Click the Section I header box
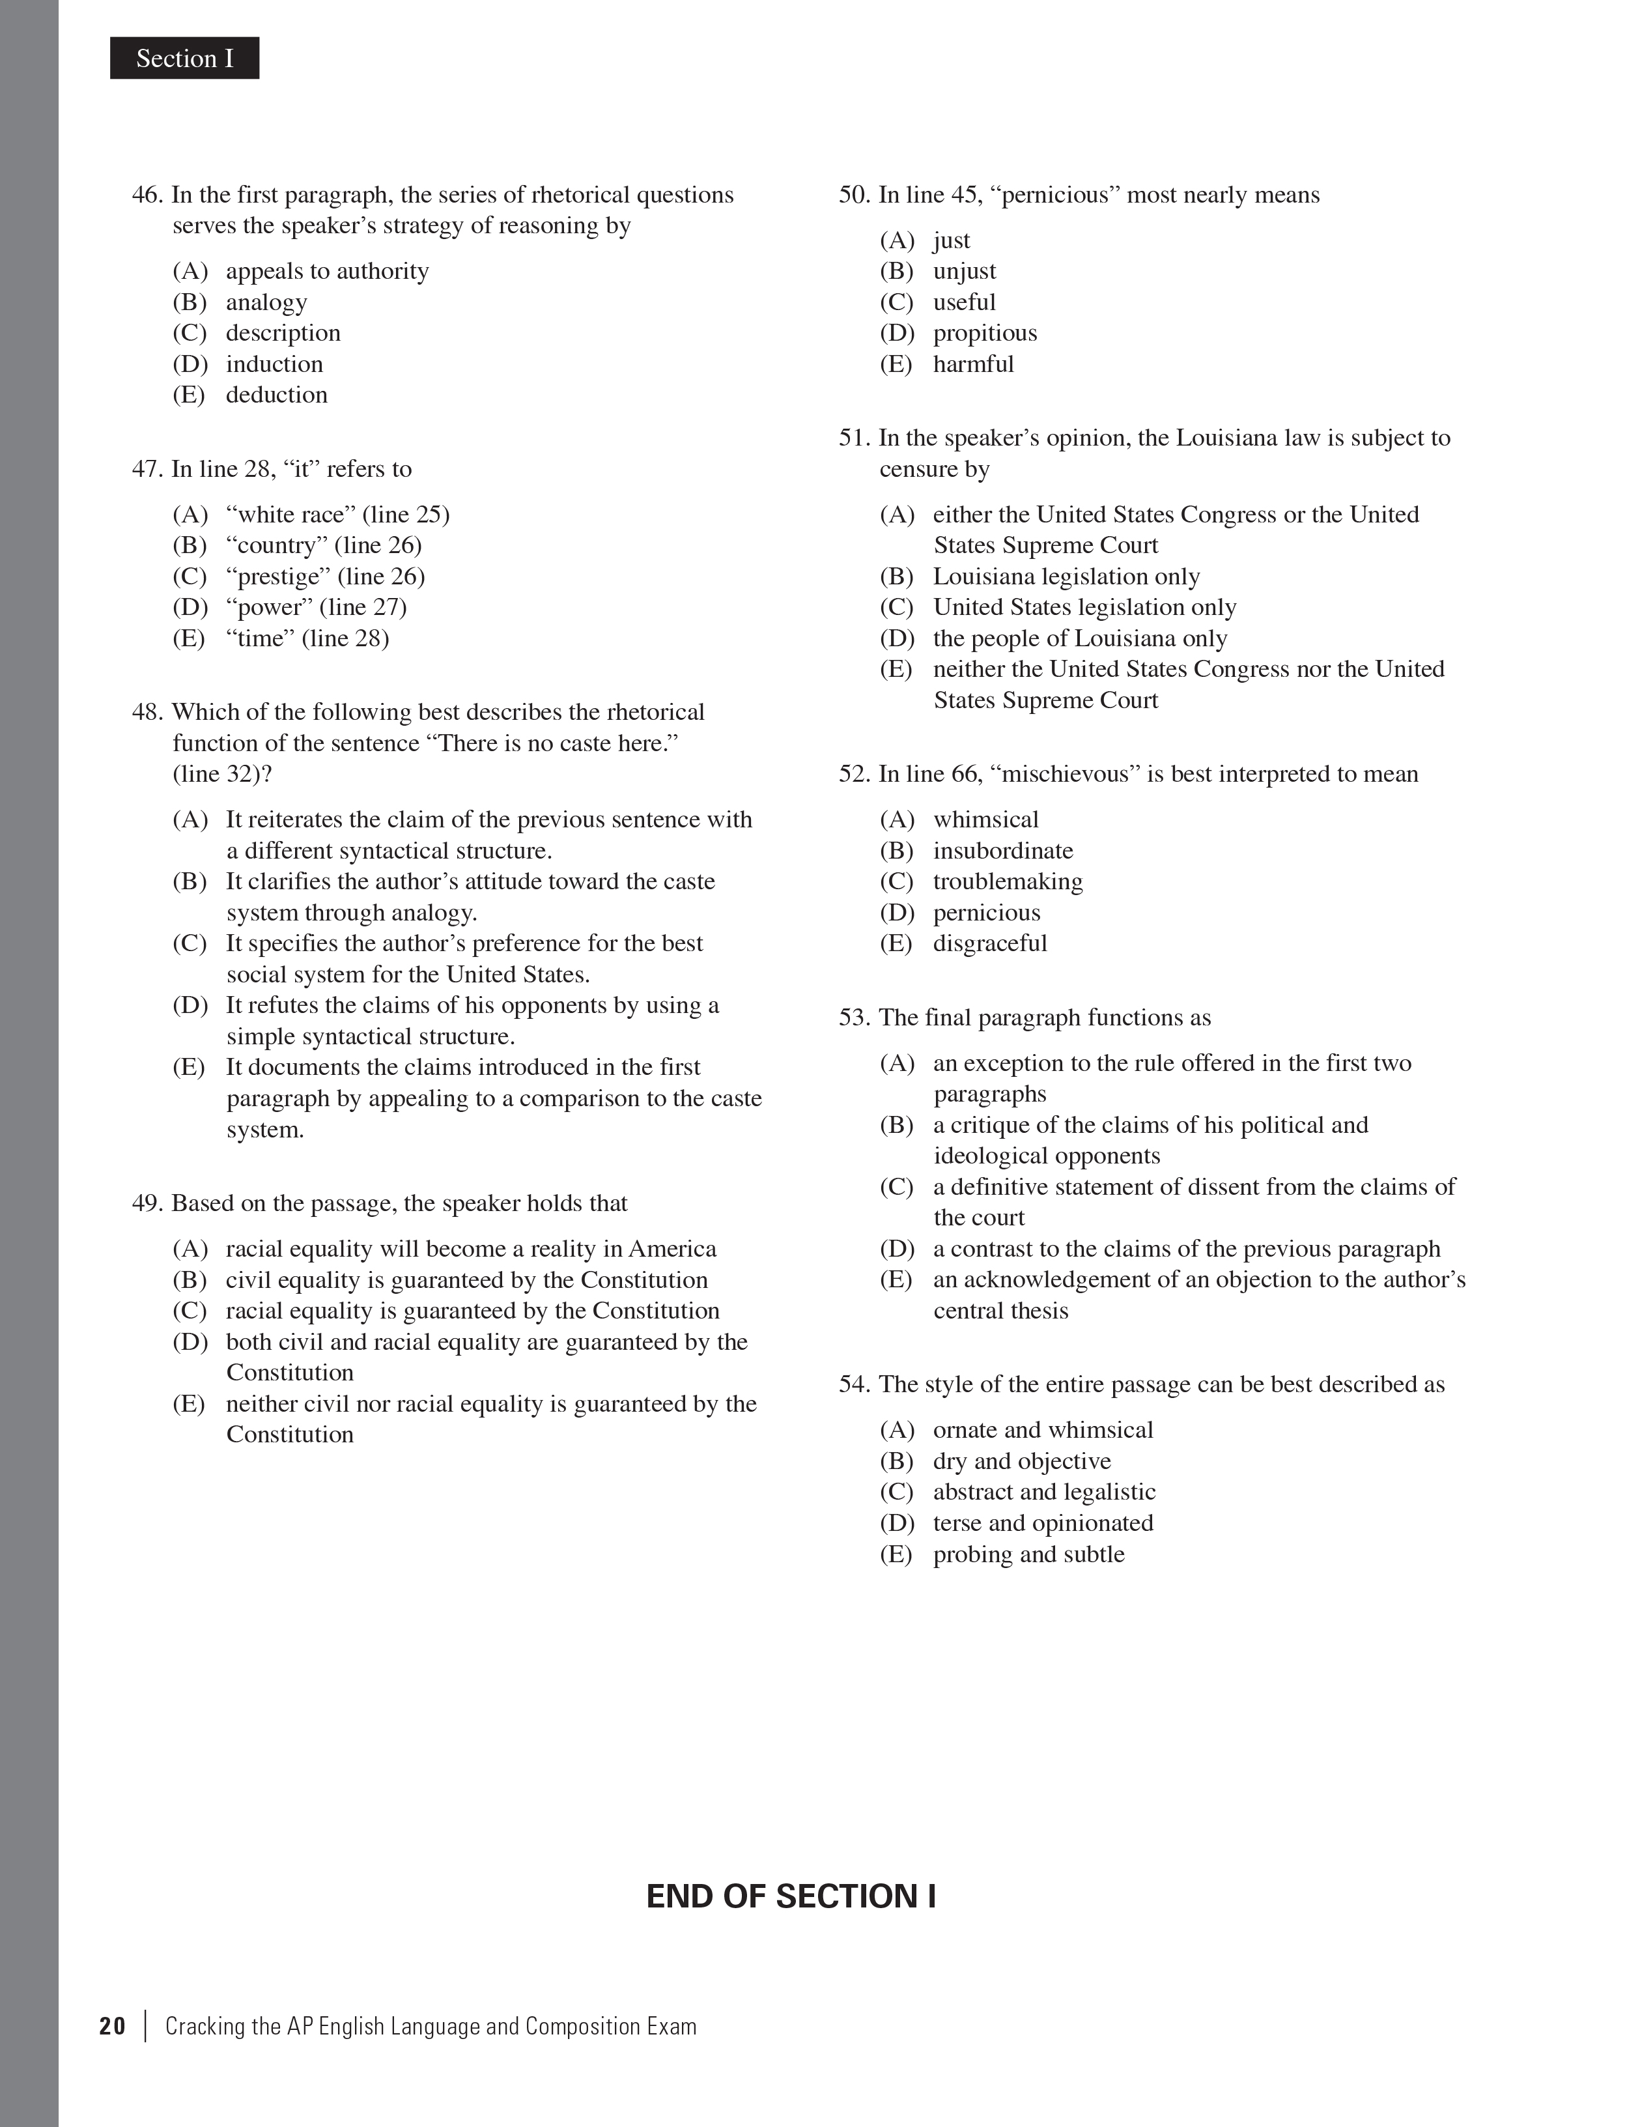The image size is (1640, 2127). click(184, 59)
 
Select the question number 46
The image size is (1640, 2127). click(147, 195)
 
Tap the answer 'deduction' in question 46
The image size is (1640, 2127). click(277, 394)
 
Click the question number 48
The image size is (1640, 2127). click(147, 712)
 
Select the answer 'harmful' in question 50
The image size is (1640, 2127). click(973, 364)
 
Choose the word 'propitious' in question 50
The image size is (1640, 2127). click(985, 333)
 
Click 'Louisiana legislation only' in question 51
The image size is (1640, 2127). click(1066, 577)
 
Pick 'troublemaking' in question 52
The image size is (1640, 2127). click(1007, 881)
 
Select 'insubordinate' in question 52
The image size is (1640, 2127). click(1002, 850)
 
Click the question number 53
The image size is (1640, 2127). click(854, 1018)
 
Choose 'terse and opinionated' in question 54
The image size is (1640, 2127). click(1042, 1523)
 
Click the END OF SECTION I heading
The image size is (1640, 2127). click(791, 1896)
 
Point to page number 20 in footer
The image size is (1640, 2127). click(112, 2027)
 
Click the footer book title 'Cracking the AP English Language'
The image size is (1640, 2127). click(431, 2027)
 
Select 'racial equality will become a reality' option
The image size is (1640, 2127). click(470, 1249)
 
